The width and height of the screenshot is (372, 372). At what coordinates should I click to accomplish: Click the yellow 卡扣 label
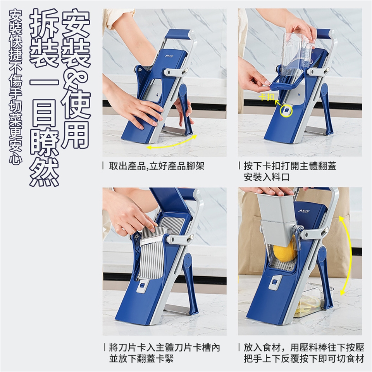[267, 97]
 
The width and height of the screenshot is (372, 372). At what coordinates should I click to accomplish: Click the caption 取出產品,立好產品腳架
[157, 166]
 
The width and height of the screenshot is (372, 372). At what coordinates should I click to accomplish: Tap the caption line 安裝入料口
[267, 177]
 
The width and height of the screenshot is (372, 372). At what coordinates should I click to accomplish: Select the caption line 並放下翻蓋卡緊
[141, 358]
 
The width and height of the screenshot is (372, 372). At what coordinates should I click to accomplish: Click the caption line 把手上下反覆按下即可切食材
[304, 358]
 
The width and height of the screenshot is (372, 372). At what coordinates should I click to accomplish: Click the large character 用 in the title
[76, 134]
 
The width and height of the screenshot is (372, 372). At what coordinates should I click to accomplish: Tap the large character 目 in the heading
[44, 113]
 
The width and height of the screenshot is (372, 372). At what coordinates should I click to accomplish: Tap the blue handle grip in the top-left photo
[178, 34]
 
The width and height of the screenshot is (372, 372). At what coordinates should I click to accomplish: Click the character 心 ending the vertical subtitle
[15, 157]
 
